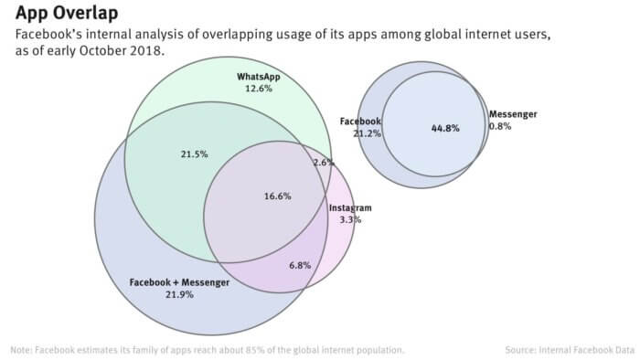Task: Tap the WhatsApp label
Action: tap(258, 77)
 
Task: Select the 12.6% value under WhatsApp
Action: tap(258, 90)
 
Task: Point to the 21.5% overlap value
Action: tap(195, 154)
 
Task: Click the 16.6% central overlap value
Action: tap(277, 196)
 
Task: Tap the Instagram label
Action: tap(350, 208)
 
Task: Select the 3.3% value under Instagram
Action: tap(350, 220)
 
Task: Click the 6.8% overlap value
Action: tap(300, 265)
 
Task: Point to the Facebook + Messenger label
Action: tap(179, 282)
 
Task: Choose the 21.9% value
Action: tap(179, 295)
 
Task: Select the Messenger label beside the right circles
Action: tap(513, 114)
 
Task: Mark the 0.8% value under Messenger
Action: tap(500, 126)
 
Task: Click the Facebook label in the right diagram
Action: tap(360, 121)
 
